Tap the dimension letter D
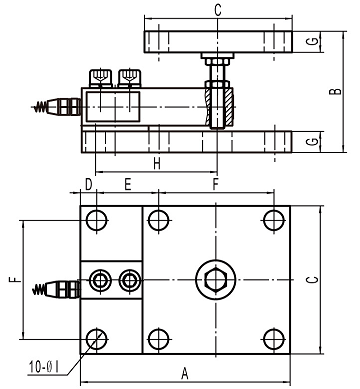pos(88,185)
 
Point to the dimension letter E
pos(128,185)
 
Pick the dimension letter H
pos(156,163)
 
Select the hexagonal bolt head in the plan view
pos(212,277)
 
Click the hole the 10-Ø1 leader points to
pos(96,337)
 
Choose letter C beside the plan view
pos(339,279)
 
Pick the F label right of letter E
pos(217,185)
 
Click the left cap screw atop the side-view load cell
pos(99,76)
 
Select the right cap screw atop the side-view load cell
pos(127,76)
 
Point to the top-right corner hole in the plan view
pos(270,220)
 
